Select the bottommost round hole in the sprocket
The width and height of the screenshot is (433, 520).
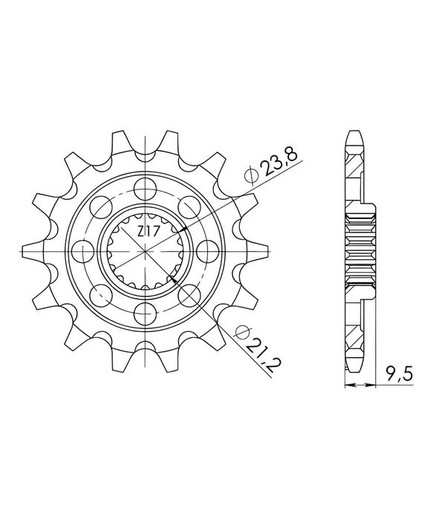click(146, 313)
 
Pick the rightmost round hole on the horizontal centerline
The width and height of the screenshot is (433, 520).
click(207, 251)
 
